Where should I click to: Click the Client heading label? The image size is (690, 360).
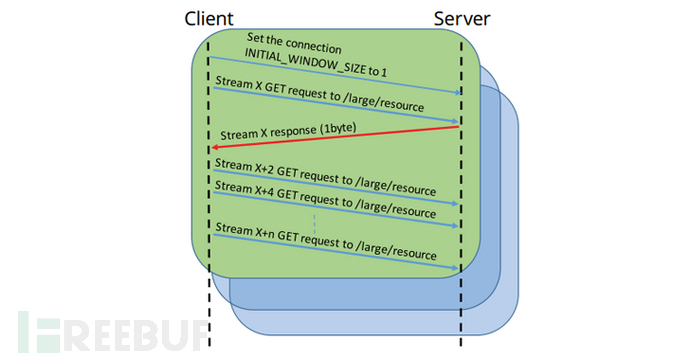[209, 18]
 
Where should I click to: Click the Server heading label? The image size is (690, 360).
[461, 18]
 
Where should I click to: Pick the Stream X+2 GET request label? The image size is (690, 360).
[320, 175]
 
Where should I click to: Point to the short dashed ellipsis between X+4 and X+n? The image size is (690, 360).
[314, 222]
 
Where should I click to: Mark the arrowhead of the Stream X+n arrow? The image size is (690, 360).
[455, 268]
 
